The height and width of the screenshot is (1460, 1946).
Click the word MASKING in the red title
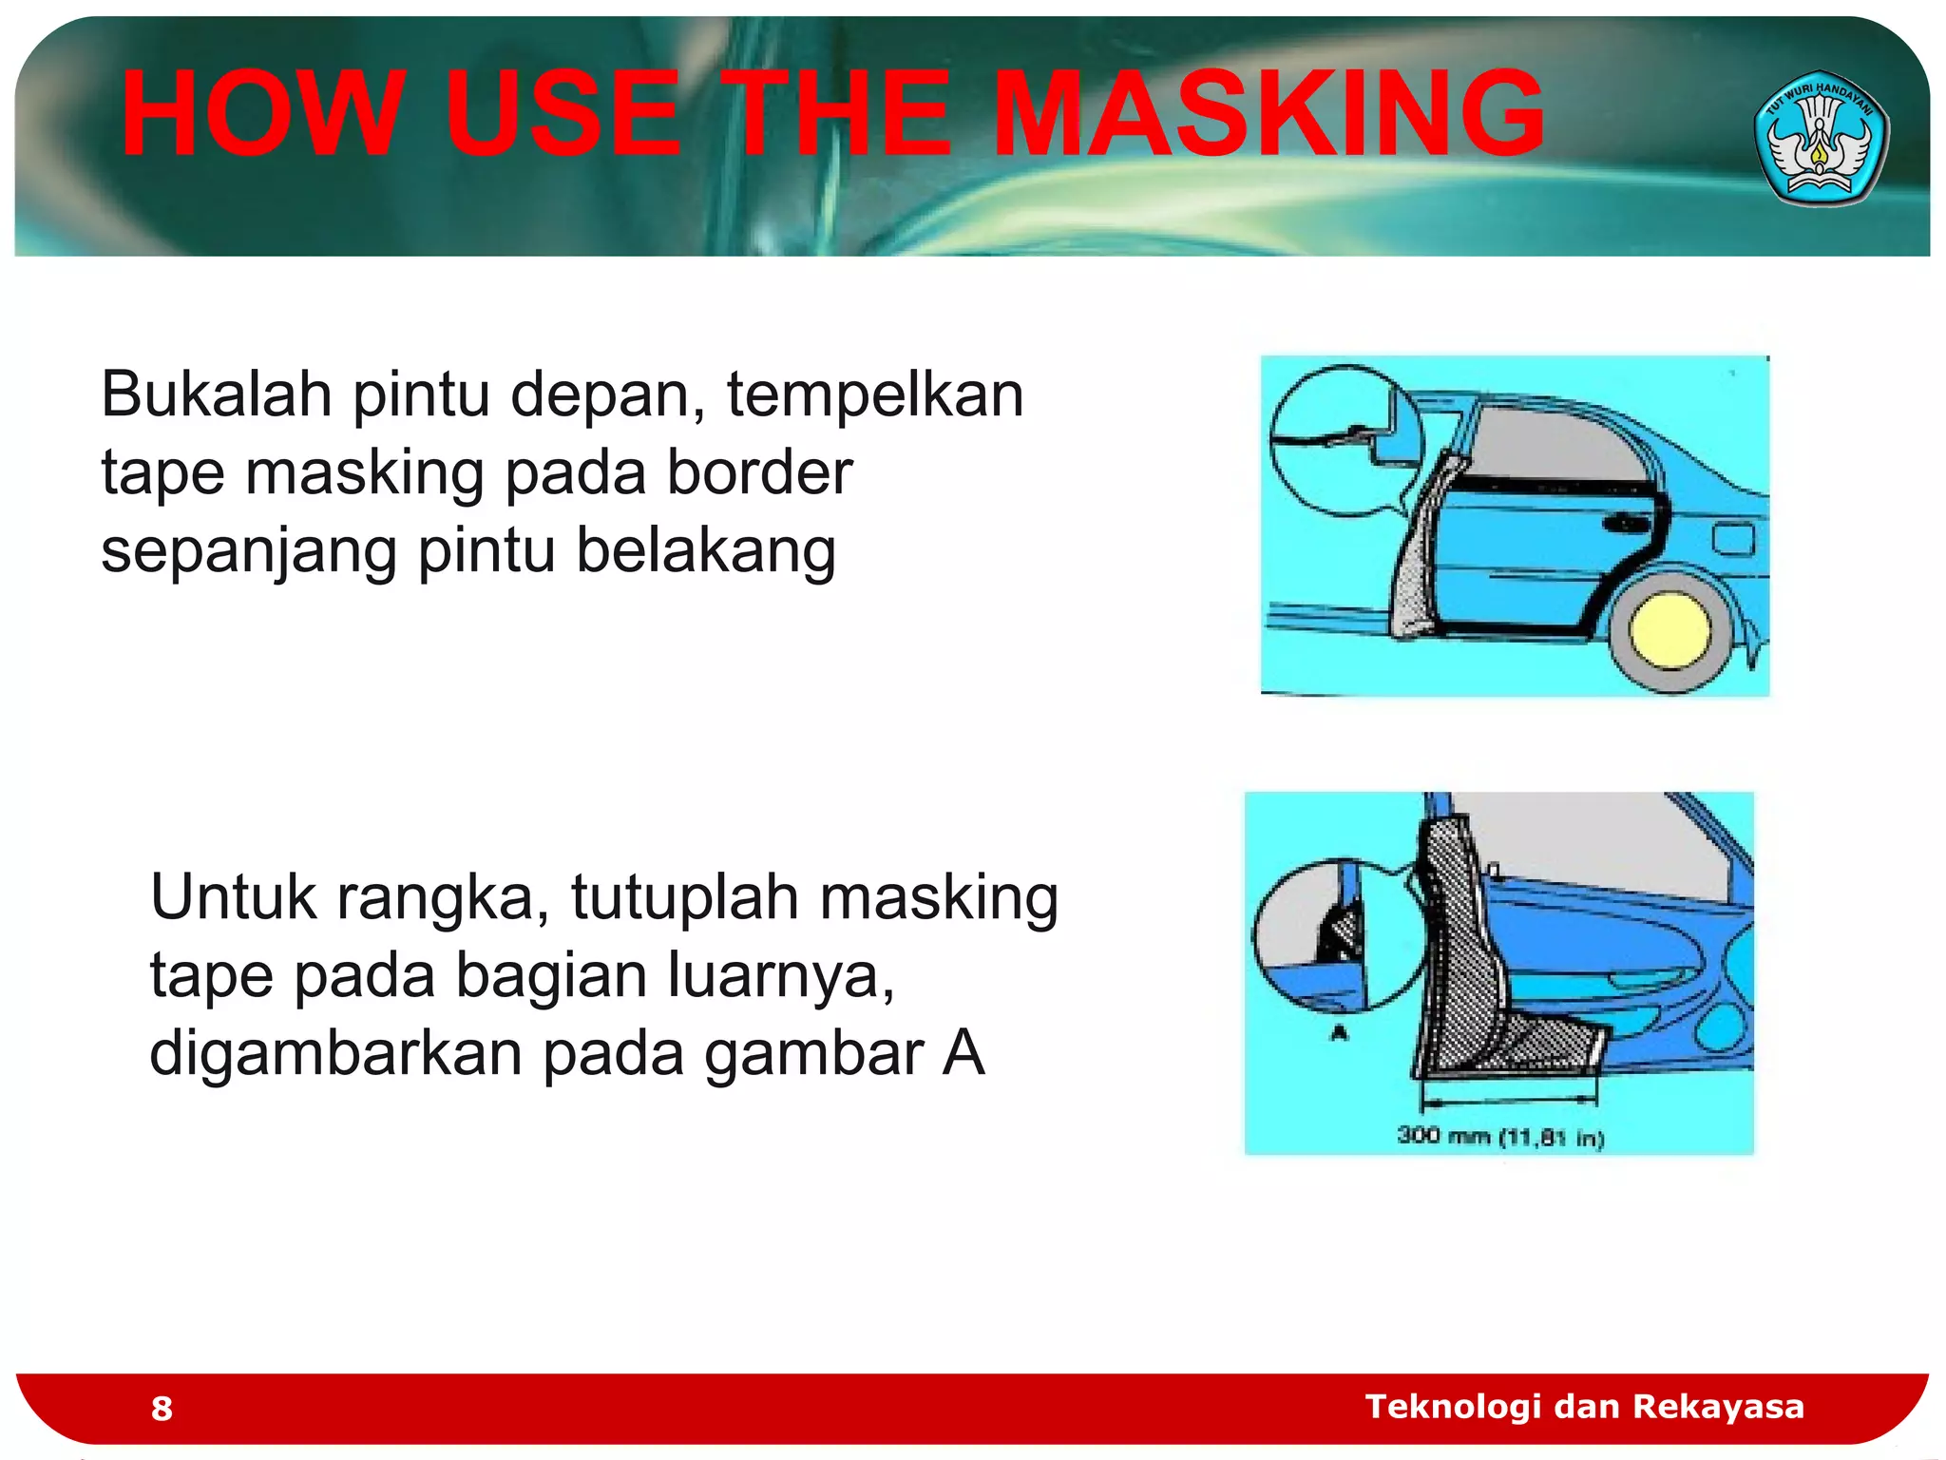click(x=1269, y=114)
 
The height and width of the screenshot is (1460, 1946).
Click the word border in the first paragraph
click(x=759, y=472)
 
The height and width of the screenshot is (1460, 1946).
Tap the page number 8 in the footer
click(x=162, y=1409)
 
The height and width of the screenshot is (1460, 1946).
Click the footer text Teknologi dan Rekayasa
click(x=1584, y=1407)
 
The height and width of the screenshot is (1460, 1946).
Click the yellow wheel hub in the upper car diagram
click(x=1669, y=630)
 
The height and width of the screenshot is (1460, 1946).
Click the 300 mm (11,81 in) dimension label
click(x=1500, y=1137)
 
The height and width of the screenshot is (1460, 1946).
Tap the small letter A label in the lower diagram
click(x=1340, y=1033)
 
